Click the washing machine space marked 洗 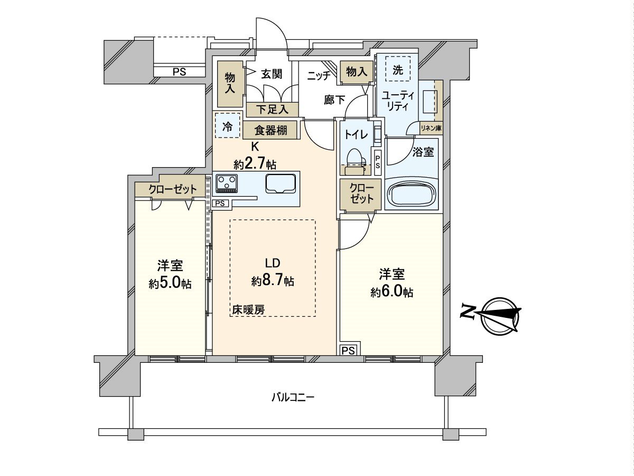pos(397,69)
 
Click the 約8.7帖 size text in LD pos(273,280)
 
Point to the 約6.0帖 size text pos(391,292)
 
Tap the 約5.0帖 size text pos(170,283)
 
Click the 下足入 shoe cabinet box pos(272,109)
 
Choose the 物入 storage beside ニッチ pos(356,72)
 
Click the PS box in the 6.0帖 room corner pos(349,350)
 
